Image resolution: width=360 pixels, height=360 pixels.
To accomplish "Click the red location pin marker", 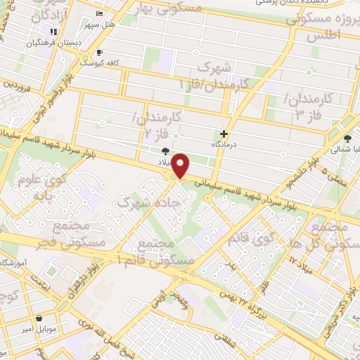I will (x=181, y=166).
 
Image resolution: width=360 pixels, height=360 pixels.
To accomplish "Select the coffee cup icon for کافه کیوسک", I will (x=99, y=52).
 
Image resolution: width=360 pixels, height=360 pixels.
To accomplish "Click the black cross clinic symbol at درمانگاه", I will (x=224, y=134).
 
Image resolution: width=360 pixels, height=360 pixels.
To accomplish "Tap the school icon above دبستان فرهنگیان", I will (x=53, y=31).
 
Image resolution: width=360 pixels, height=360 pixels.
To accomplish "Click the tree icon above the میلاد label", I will (x=166, y=150).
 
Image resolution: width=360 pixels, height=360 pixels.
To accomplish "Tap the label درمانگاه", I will (x=224, y=144).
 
